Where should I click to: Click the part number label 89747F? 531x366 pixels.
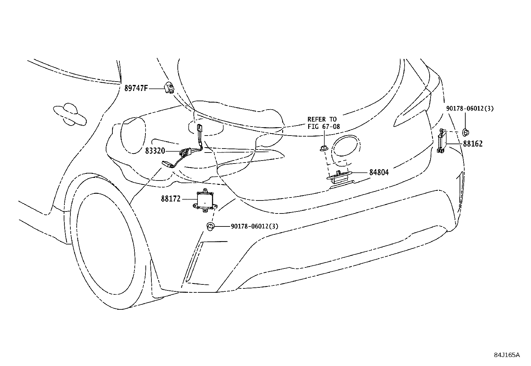[136, 88]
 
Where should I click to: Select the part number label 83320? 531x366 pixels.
[155, 151]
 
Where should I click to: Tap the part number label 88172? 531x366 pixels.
[170, 199]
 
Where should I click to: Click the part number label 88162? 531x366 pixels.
[473, 144]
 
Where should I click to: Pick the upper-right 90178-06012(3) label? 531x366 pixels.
[470, 108]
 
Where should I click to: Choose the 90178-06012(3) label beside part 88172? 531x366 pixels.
[254, 226]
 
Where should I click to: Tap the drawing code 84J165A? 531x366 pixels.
[507, 355]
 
